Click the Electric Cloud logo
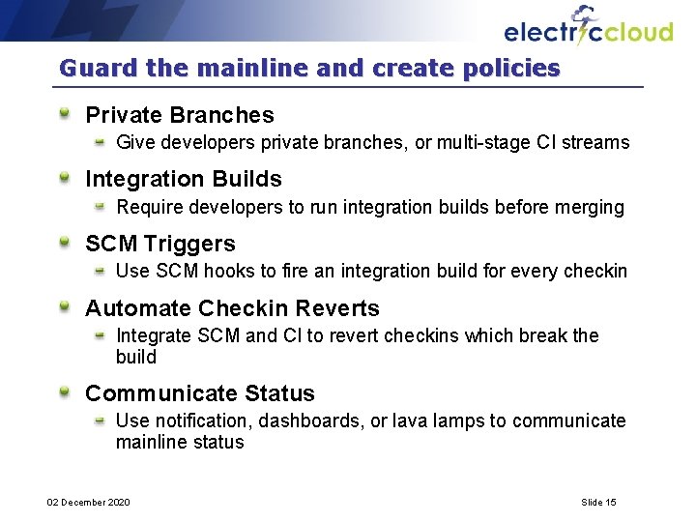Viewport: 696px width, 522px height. (588, 28)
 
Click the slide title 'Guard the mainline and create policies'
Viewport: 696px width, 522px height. (309, 69)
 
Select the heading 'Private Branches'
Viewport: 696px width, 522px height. (180, 115)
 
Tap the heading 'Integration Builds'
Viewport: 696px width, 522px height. (184, 179)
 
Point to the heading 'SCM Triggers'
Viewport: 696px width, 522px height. (160, 244)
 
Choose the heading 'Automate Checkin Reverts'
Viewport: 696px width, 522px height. (232, 308)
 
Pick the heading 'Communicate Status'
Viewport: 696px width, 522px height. (200, 393)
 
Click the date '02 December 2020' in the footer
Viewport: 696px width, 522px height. (89, 502)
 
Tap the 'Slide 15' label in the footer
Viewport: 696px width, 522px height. (598, 502)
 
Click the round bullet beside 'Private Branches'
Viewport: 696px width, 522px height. (65, 114)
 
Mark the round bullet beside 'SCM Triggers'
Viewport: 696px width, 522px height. (65, 243)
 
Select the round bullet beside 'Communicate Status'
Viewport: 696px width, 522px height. (65, 392)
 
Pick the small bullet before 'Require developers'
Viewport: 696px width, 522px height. (100, 207)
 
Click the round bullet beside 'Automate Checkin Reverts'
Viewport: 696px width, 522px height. (65, 307)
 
